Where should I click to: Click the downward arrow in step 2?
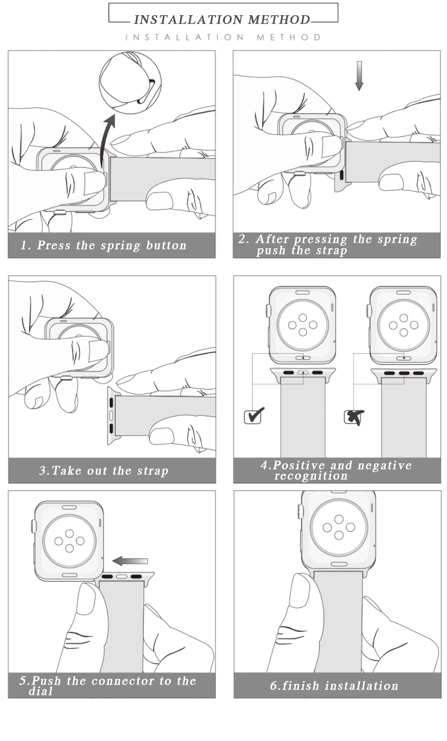359,76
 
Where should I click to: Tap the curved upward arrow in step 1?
105,139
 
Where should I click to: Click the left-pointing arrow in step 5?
130,561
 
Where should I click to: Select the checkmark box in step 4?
254,415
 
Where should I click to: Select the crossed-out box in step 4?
354,417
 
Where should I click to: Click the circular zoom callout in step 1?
130,82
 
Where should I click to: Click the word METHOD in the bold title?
279,20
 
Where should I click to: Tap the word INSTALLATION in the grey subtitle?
185,38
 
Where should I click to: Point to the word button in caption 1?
166,245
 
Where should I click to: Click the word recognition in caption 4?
311,476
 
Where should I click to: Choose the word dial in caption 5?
41,691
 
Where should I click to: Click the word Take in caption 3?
66,470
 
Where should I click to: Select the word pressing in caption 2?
320,239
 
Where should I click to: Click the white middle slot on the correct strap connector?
303,373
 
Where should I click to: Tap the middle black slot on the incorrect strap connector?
404,373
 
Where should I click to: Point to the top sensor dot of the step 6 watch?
339,519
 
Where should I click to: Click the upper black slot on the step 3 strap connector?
111,403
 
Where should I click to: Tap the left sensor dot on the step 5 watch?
59,541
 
